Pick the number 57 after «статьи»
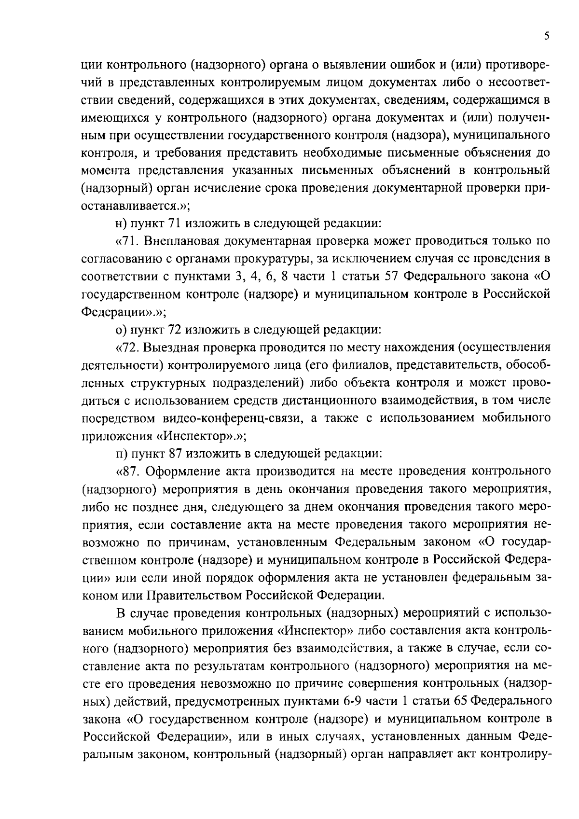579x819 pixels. click(391, 277)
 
